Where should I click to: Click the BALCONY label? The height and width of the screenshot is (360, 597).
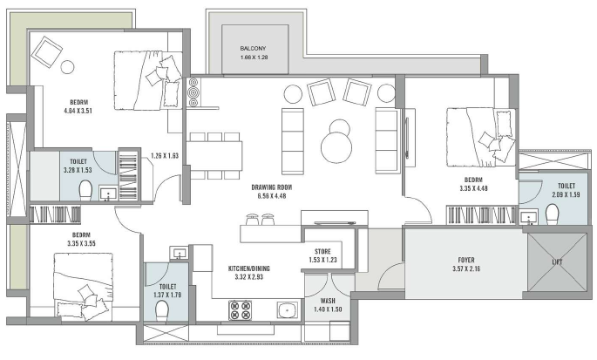[253, 49]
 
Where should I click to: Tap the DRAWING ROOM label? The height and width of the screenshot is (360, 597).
[271, 187]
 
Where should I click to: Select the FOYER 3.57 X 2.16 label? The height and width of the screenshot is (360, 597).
[466, 264]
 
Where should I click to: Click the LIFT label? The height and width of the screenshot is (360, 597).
[557, 262]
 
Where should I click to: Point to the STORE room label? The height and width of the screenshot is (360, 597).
[322, 251]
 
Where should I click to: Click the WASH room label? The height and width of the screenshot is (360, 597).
[328, 301]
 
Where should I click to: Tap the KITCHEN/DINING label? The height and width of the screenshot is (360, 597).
[248, 268]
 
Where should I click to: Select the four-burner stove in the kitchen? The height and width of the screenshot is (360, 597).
[240, 310]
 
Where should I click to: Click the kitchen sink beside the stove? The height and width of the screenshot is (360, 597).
[287, 310]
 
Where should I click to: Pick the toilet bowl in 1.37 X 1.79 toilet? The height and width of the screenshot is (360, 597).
[162, 310]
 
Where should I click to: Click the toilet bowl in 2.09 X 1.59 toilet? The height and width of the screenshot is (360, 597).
[552, 214]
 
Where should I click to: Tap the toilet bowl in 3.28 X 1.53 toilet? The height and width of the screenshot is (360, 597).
[85, 190]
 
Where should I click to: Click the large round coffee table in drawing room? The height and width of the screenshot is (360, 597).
[336, 147]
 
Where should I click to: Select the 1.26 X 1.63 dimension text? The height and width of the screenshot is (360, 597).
[165, 155]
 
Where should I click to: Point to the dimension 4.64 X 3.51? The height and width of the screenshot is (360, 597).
[78, 111]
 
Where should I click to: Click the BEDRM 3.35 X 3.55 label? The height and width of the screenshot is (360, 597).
[81, 239]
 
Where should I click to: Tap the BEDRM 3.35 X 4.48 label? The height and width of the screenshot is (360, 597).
[473, 184]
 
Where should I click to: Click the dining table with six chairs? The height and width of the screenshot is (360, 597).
[214, 156]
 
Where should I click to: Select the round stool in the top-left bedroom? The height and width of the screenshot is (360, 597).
[67, 67]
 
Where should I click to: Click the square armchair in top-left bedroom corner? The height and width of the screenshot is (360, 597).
[47, 51]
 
